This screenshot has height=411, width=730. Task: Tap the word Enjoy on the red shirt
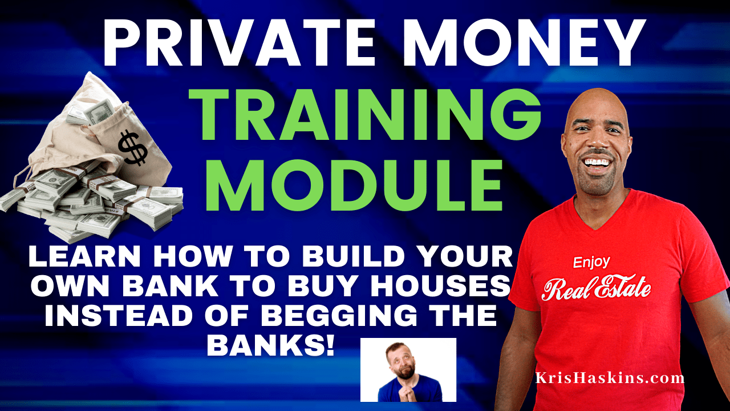coord(591,263)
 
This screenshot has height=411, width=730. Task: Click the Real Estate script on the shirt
coord(596,288)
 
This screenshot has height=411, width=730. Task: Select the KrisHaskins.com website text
coord(610,377)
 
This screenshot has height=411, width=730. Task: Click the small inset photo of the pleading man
coord(408,369)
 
